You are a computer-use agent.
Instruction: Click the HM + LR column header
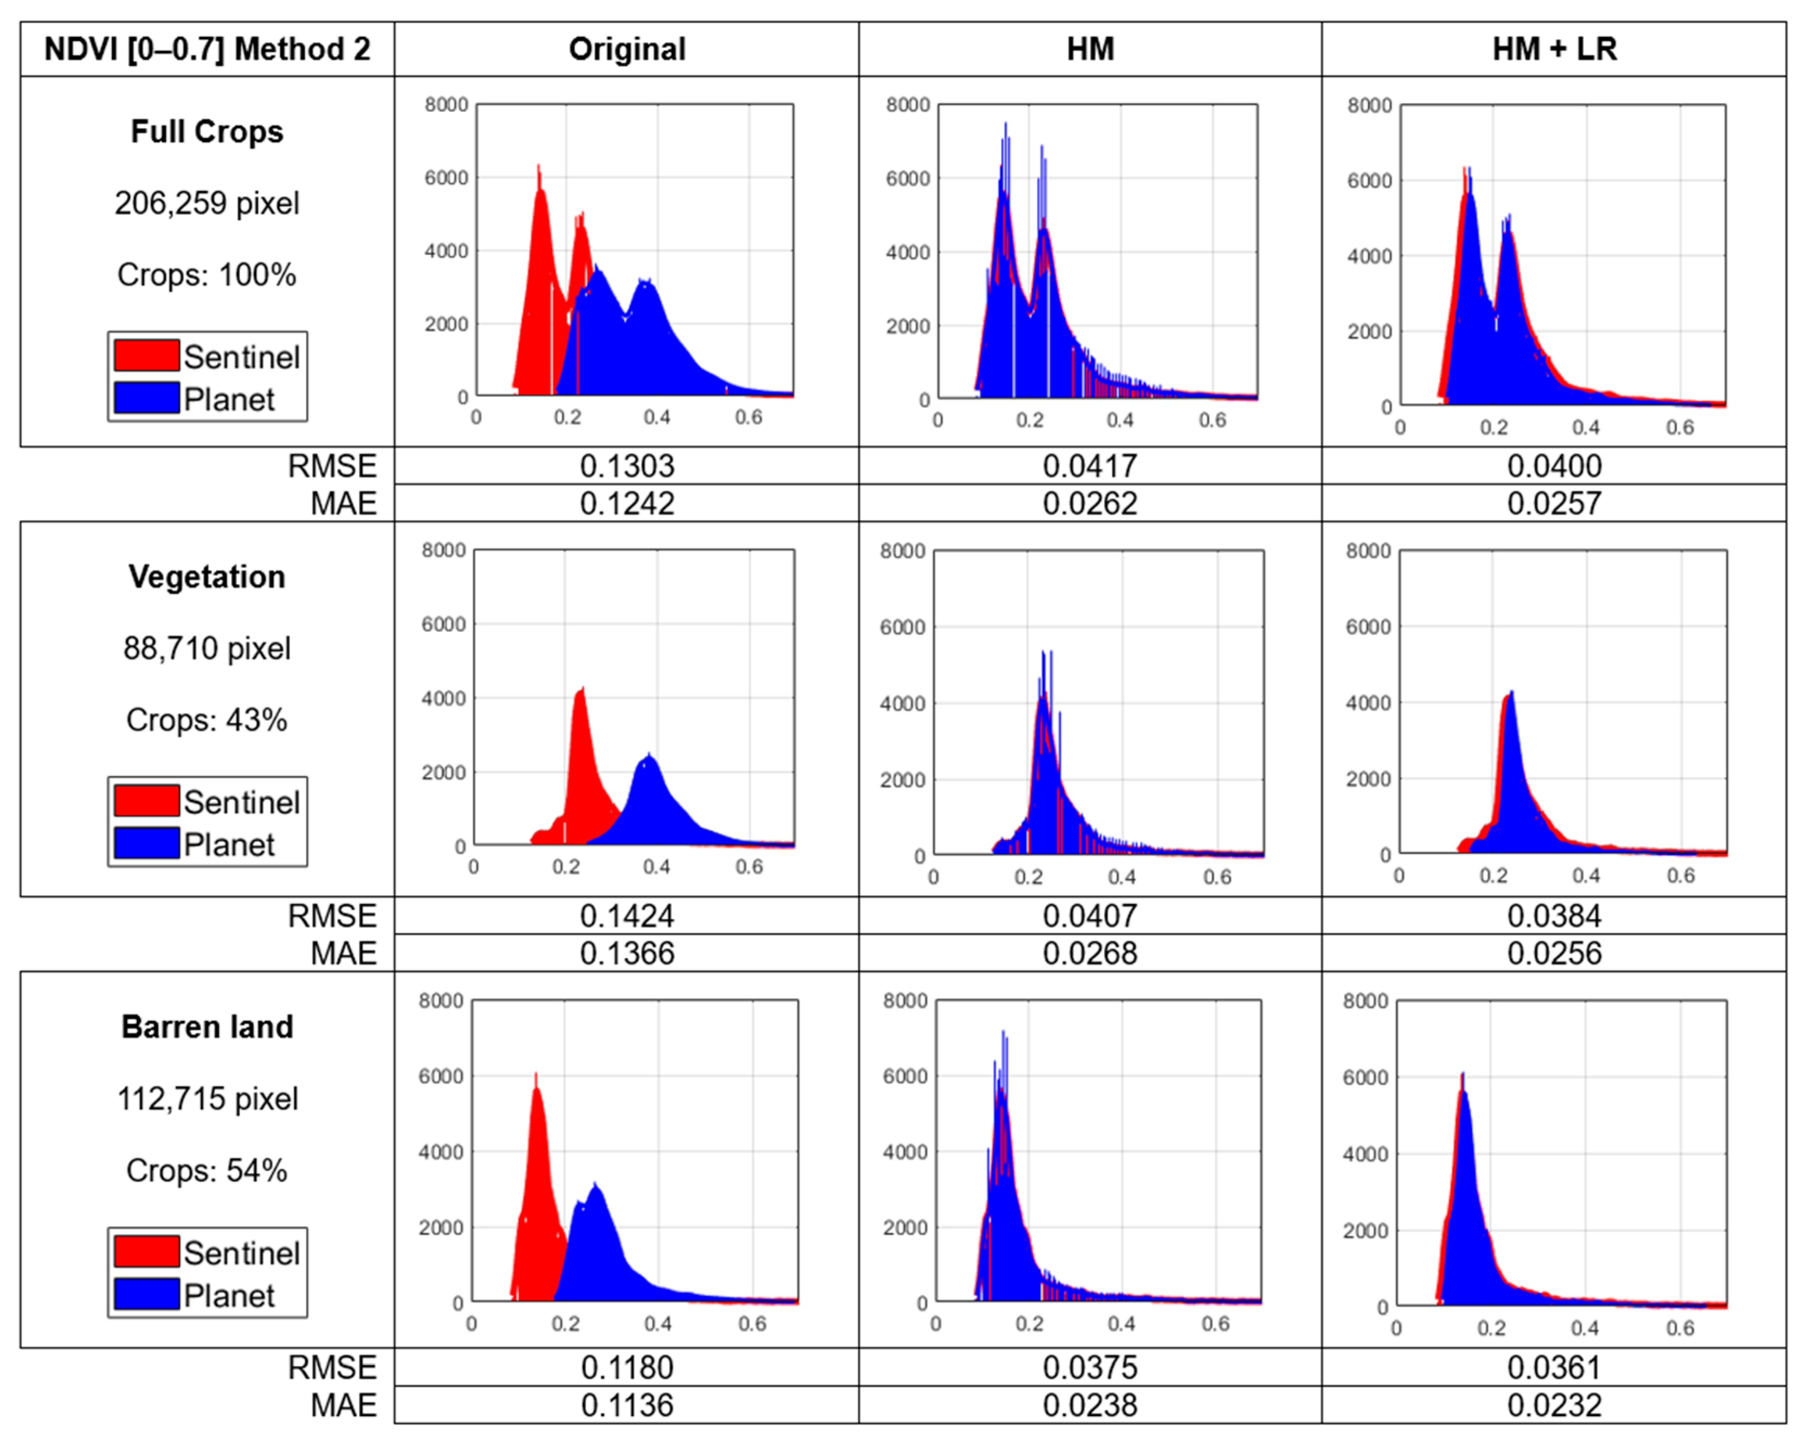(1554, 49)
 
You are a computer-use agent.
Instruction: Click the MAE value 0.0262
(1089, 503)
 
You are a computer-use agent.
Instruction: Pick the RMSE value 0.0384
(1554, 916)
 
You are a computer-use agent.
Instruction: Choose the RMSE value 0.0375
(1089, 1368)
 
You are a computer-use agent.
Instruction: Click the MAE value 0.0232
(1554, 1405)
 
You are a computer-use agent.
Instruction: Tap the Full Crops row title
(207, 132)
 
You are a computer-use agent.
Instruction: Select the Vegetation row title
(207, 577)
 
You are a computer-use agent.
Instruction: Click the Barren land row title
(207, 1027)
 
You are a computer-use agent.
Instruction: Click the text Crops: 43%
(207, 720)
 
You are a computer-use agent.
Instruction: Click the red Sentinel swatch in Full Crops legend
(147, 356)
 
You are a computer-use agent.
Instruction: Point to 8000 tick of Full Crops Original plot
(446, 105)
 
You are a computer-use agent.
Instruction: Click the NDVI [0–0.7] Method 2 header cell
(207, 49)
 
